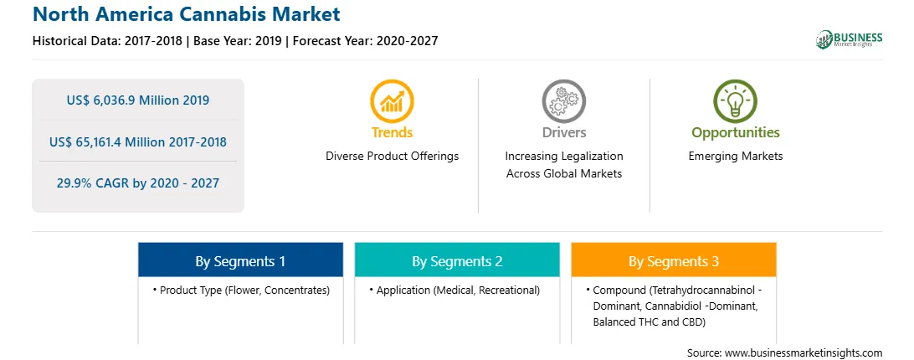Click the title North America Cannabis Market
pyautogui.click(x=187, y=14)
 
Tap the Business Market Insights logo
pyautogui.click(x=849, y=39)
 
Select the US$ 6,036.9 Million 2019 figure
pyautogui.click(x=137, y=100)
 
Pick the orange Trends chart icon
pyautogui.click(x=392, y=101)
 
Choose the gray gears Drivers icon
pyautogui.click(x=563, y=101)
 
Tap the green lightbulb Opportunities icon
pyautogui.click(x=735, y=101)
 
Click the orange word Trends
pyautogui.click(x=392, y=132)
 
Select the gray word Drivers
pyautogui.click(x=563, y=132)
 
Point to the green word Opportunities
pyautogui.click(x=735, y=132)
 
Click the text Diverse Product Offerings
pyautogui.click(x=393, y=157)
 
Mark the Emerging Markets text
pyautogui.click(x=735, y=157)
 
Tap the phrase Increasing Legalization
pyautogui.click(x=563, y=157)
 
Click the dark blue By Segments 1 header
pyautogui.click(x=240, y=260)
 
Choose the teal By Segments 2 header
pyautogui.click(x=457, y=260)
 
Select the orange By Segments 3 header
pyautogui.click(x=674, y=260)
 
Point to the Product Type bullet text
pyautogui.click(x=241, y=290)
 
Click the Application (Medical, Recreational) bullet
pyautogui.click(x=454, y=290)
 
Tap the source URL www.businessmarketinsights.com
pyautogui.click(x=804, y=353)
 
